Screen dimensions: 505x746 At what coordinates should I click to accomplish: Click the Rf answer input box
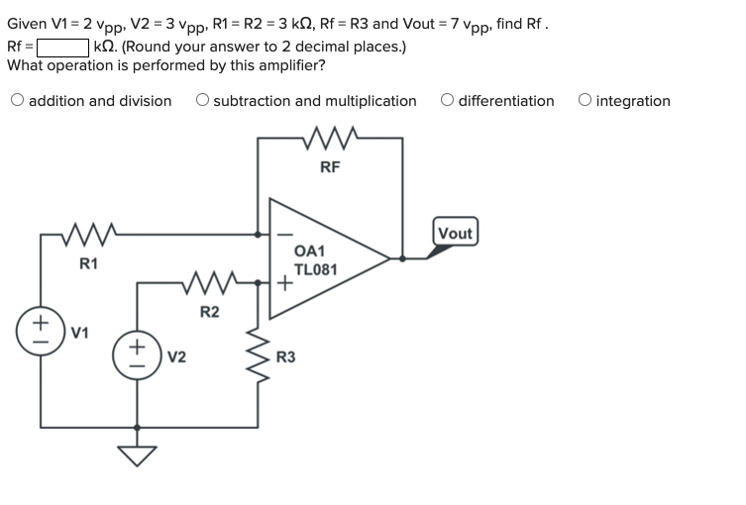63,47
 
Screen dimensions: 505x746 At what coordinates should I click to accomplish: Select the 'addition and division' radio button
18,100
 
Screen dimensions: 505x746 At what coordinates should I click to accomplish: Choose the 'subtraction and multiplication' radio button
202,100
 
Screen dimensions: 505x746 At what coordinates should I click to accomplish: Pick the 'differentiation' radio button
448,100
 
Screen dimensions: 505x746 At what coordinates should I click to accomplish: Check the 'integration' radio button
586,100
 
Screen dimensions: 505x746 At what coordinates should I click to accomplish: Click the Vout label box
455,233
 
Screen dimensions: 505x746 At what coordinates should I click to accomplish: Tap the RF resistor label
331,166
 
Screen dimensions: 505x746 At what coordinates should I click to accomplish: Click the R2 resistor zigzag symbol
209,282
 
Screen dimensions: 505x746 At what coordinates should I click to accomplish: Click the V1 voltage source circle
42,331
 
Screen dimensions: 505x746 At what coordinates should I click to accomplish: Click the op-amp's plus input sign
284,283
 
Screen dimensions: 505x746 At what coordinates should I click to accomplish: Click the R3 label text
285,356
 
